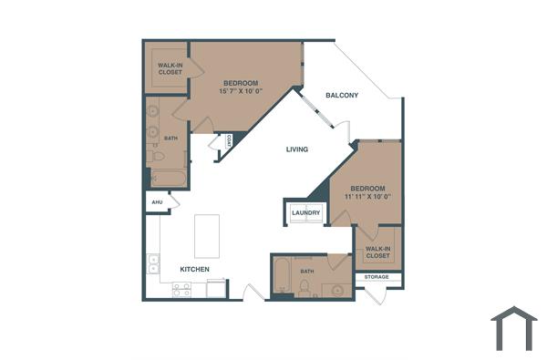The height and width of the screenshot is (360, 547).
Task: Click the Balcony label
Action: click(x=342, y=95)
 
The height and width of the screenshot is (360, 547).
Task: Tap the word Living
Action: click(x=297, y=149)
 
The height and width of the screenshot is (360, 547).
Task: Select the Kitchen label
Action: click(x=195, y=270)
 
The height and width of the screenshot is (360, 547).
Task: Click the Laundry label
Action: click(x=306, y=213)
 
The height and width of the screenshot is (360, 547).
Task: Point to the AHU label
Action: click(x=156, y=202)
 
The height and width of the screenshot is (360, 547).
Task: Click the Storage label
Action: click(x=377, y=276)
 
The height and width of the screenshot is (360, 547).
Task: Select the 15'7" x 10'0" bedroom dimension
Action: click(x=241, y=91)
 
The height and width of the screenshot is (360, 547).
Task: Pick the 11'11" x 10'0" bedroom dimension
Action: click(x=367, y=196)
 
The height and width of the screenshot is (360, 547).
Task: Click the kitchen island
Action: click(x=208, y=235)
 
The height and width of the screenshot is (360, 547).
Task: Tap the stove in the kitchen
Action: click(x=182, y=290)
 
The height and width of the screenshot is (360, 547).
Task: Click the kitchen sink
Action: click(x=152, y=264)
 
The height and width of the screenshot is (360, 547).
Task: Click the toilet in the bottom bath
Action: click(x=304, y=288)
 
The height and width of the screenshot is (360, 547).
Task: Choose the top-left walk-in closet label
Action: click(x=168, y=68)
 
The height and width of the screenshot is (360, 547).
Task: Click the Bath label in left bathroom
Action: click(x=170, y=139)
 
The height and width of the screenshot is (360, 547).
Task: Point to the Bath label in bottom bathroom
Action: click(x=307, y=271)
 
